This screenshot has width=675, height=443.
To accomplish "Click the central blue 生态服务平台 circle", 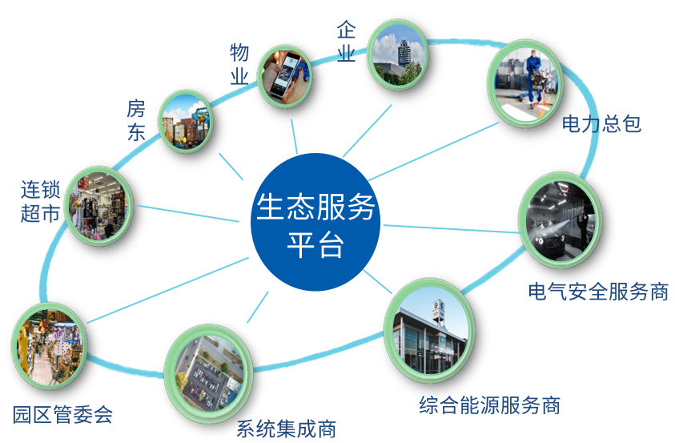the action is [x=315, y=222].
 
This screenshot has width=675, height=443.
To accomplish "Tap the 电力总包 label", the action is [x=601, y=124].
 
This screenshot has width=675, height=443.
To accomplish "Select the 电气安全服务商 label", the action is [x=598, y=292].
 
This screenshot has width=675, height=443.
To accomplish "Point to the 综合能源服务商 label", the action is [x=489, y=405].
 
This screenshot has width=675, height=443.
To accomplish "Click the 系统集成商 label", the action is [x=287, y=429].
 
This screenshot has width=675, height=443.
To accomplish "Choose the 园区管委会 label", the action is [x=62, y=415].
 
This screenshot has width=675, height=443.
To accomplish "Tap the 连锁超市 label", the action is [x=40, y=202].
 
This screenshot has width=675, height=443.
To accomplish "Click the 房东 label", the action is [x=136, y=120].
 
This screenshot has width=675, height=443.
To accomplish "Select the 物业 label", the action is [x=239, y=64].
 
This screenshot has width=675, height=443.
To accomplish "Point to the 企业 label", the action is [x=346, y=42].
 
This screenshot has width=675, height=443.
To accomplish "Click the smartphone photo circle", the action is [x=284, y=76].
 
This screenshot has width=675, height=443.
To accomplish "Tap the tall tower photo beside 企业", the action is [x=398, y=54].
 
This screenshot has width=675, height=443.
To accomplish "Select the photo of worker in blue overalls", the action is [x=525, y=83].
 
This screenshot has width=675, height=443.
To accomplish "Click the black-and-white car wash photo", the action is [x=560, y=219].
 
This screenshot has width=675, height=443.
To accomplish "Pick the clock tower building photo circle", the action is [x=430, y=331].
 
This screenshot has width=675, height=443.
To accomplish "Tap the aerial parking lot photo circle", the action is [x=209, y=373].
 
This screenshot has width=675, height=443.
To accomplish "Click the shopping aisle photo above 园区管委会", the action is [x=49, y=346].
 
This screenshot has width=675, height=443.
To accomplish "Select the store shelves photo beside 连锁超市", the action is [x=99, y=206].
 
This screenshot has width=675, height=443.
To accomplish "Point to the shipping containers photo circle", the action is [x=186, y=122].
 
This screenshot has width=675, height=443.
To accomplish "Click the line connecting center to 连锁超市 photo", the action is [x=188, y=214].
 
